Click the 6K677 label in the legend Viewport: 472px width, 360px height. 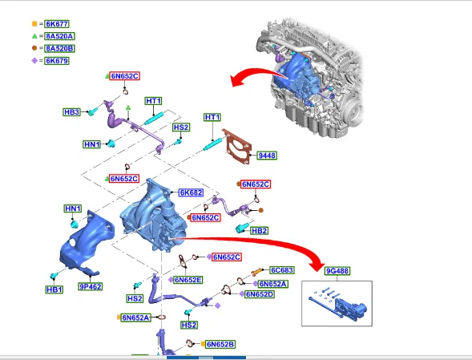[x=57, y=24]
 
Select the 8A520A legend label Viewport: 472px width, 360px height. [x=59, y=36]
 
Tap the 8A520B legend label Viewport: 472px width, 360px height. [x=59, y=48]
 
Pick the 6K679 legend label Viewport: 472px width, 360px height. [x=57, y=61]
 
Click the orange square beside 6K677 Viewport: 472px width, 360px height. [x=34, y=24]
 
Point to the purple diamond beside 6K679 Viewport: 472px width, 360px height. [x=34, y=61]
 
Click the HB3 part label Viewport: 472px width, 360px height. [x=71, y=112]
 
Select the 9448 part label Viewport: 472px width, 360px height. [x=267, y=156]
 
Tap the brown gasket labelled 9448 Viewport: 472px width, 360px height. [x=236, y=147]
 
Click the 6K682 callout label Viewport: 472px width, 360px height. [x=191, y=192]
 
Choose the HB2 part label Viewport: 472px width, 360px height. [x=259, y=231]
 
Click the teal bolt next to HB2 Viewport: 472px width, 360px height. [x=242, y=228]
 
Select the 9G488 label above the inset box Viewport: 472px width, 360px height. [x=337, y=271]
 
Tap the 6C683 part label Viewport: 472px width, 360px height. [x=282, y=270]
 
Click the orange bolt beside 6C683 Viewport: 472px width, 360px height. [x=256, y=273]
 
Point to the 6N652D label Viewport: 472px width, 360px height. [x=259, y=294]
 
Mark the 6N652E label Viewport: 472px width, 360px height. [x=188, y=280]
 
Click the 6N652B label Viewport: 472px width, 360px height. [x=220, y=344]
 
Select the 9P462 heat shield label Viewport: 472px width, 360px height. [x=90, y=286]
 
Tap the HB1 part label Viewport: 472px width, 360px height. [x=54, y=289]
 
